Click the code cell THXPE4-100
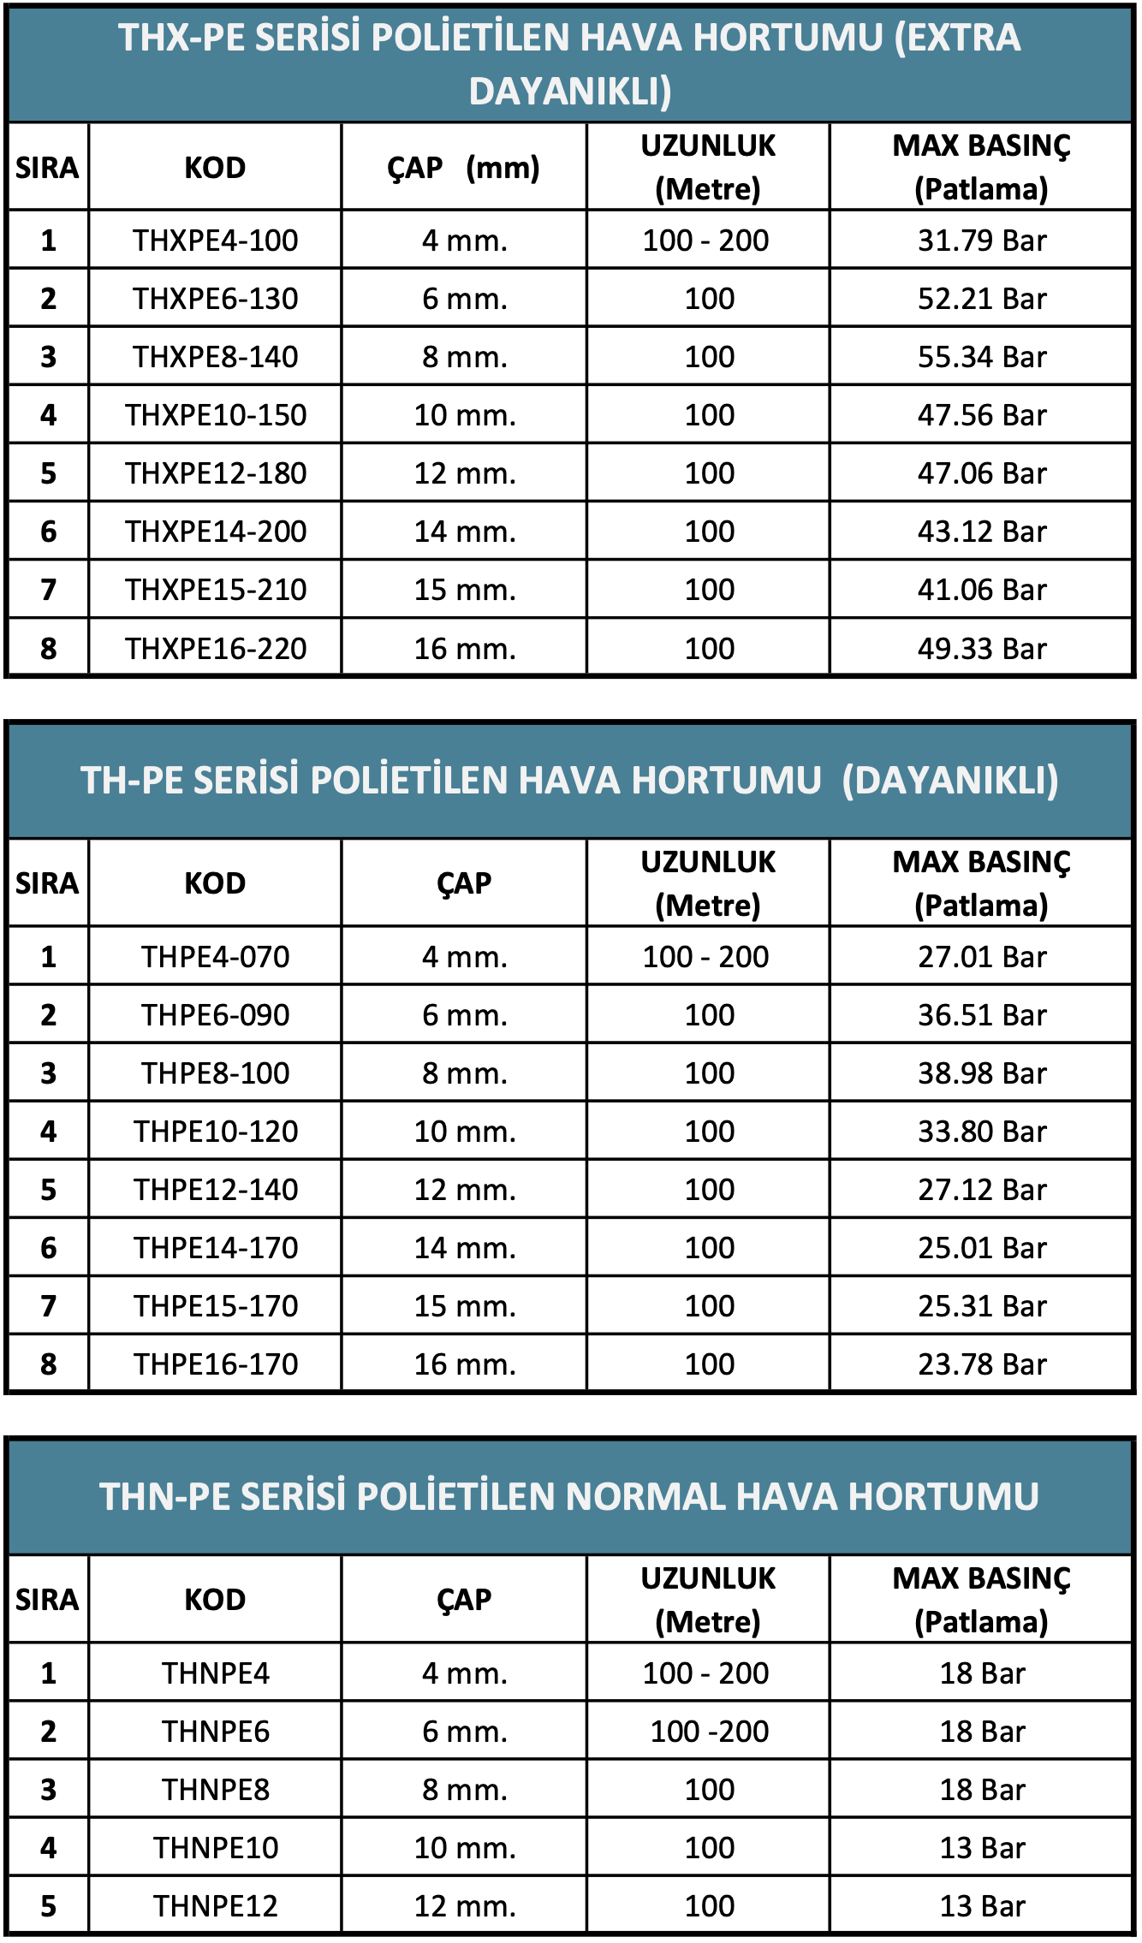[x=215, y=241]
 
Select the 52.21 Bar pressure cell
[x=981, y=299]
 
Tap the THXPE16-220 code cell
[x=215, y=649]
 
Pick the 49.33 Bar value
[x=981, y=649]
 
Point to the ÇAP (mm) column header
[x=463, y=167]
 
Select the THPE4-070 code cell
[x=215, y=957]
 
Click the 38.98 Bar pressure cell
[x=981, y=1073]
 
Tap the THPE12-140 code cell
[x=215, y=1190]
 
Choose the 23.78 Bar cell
[x=981, y=1364]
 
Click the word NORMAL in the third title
[x=645, y=1497]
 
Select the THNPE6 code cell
[x=215, y=1732]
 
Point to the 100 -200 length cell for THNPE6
[x=709, y=1732]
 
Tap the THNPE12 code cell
[x=215, y=1906]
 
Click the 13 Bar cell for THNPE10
[x=981, y=1848]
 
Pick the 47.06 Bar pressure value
[x=981, y=473]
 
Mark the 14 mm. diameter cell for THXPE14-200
[x=464, y=532]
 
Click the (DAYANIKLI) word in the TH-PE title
[x=949, y=781]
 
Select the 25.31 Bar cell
[x=981, y=1306]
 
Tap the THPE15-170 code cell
[x=215, y=1306]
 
